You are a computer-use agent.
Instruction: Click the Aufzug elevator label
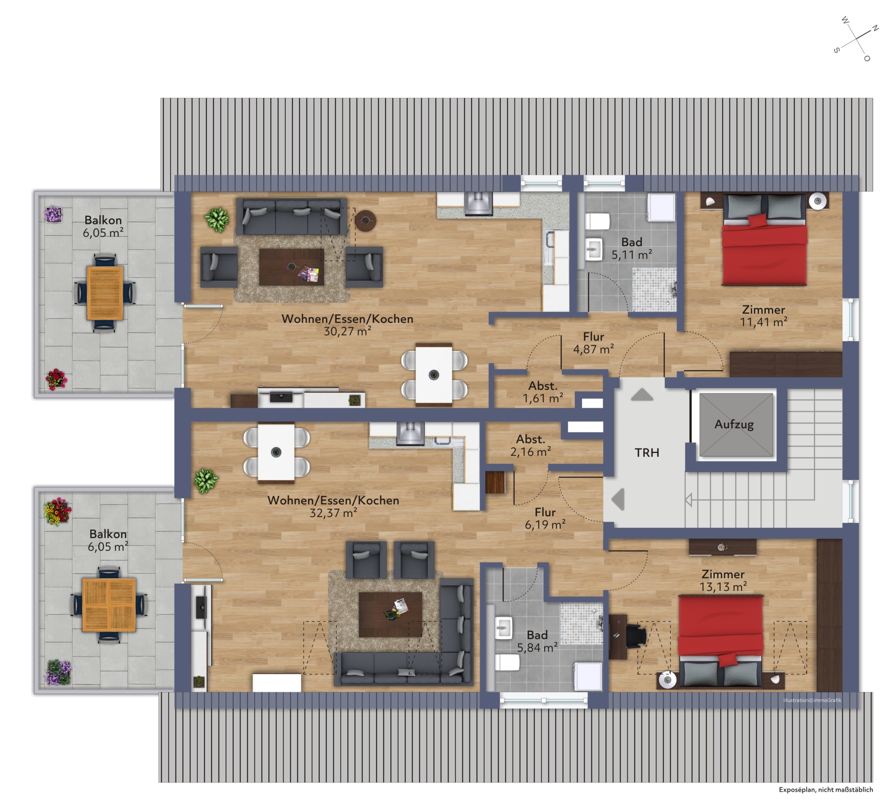point(734,424)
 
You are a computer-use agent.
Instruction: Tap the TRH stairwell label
point(647,453)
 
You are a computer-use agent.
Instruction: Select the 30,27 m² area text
point(348,331)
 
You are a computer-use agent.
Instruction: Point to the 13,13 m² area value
point(723,587)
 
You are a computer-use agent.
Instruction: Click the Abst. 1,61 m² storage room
point(543,392)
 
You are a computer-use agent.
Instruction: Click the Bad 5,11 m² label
point(632,248)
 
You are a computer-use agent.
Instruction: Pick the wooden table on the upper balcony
point(105,292)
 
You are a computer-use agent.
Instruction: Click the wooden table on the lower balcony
point(109,605)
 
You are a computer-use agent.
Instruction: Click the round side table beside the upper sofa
point(365,220)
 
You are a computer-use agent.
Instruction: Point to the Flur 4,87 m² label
point(594,343)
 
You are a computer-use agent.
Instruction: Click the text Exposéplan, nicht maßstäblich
point(826,789)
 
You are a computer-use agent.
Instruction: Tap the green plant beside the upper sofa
point(217,220)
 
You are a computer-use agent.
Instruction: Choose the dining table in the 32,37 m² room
point(276,453)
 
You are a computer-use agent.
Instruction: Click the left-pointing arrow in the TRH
point(618,499)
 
